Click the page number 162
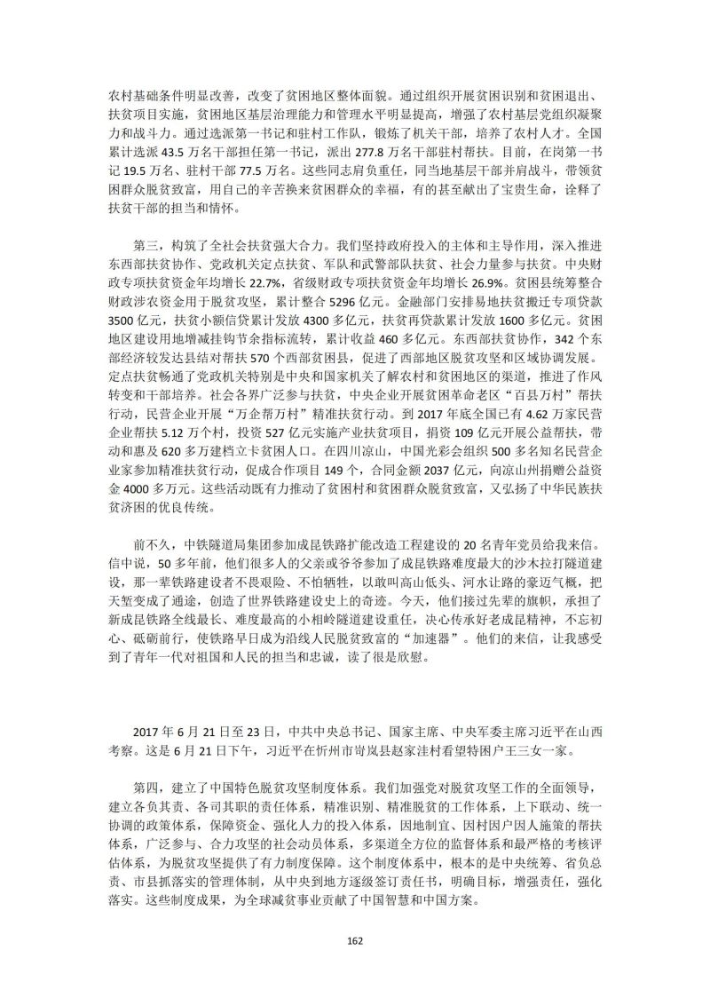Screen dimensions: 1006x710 (x=355, y=941)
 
